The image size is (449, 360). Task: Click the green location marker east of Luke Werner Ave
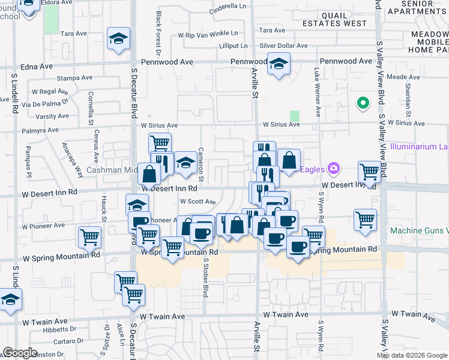[362, 104]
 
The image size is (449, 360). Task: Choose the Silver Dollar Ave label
[283, 46]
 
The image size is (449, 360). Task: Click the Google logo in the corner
[20, 353]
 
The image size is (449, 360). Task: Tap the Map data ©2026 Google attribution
[411, 355]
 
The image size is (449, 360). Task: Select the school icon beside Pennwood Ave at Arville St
[279, 64]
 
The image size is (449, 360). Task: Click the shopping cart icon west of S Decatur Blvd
[89, 237]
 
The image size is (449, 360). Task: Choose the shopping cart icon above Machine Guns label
[365, 220]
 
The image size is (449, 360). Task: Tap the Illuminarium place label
[419, 146]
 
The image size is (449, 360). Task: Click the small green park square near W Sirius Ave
[295, 116]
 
